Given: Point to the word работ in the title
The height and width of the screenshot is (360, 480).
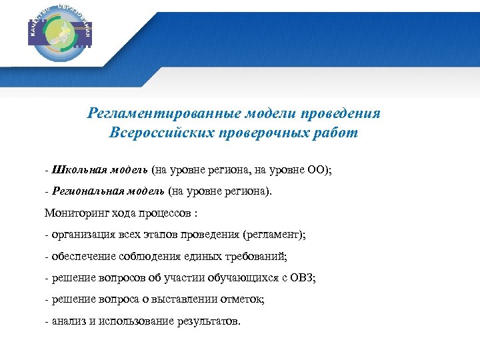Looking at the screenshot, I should (x=337, y=133).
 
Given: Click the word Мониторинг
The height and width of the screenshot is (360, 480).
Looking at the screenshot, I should (x=74, y=213).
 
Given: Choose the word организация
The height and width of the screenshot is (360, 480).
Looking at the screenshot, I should (x=83, y=235).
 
